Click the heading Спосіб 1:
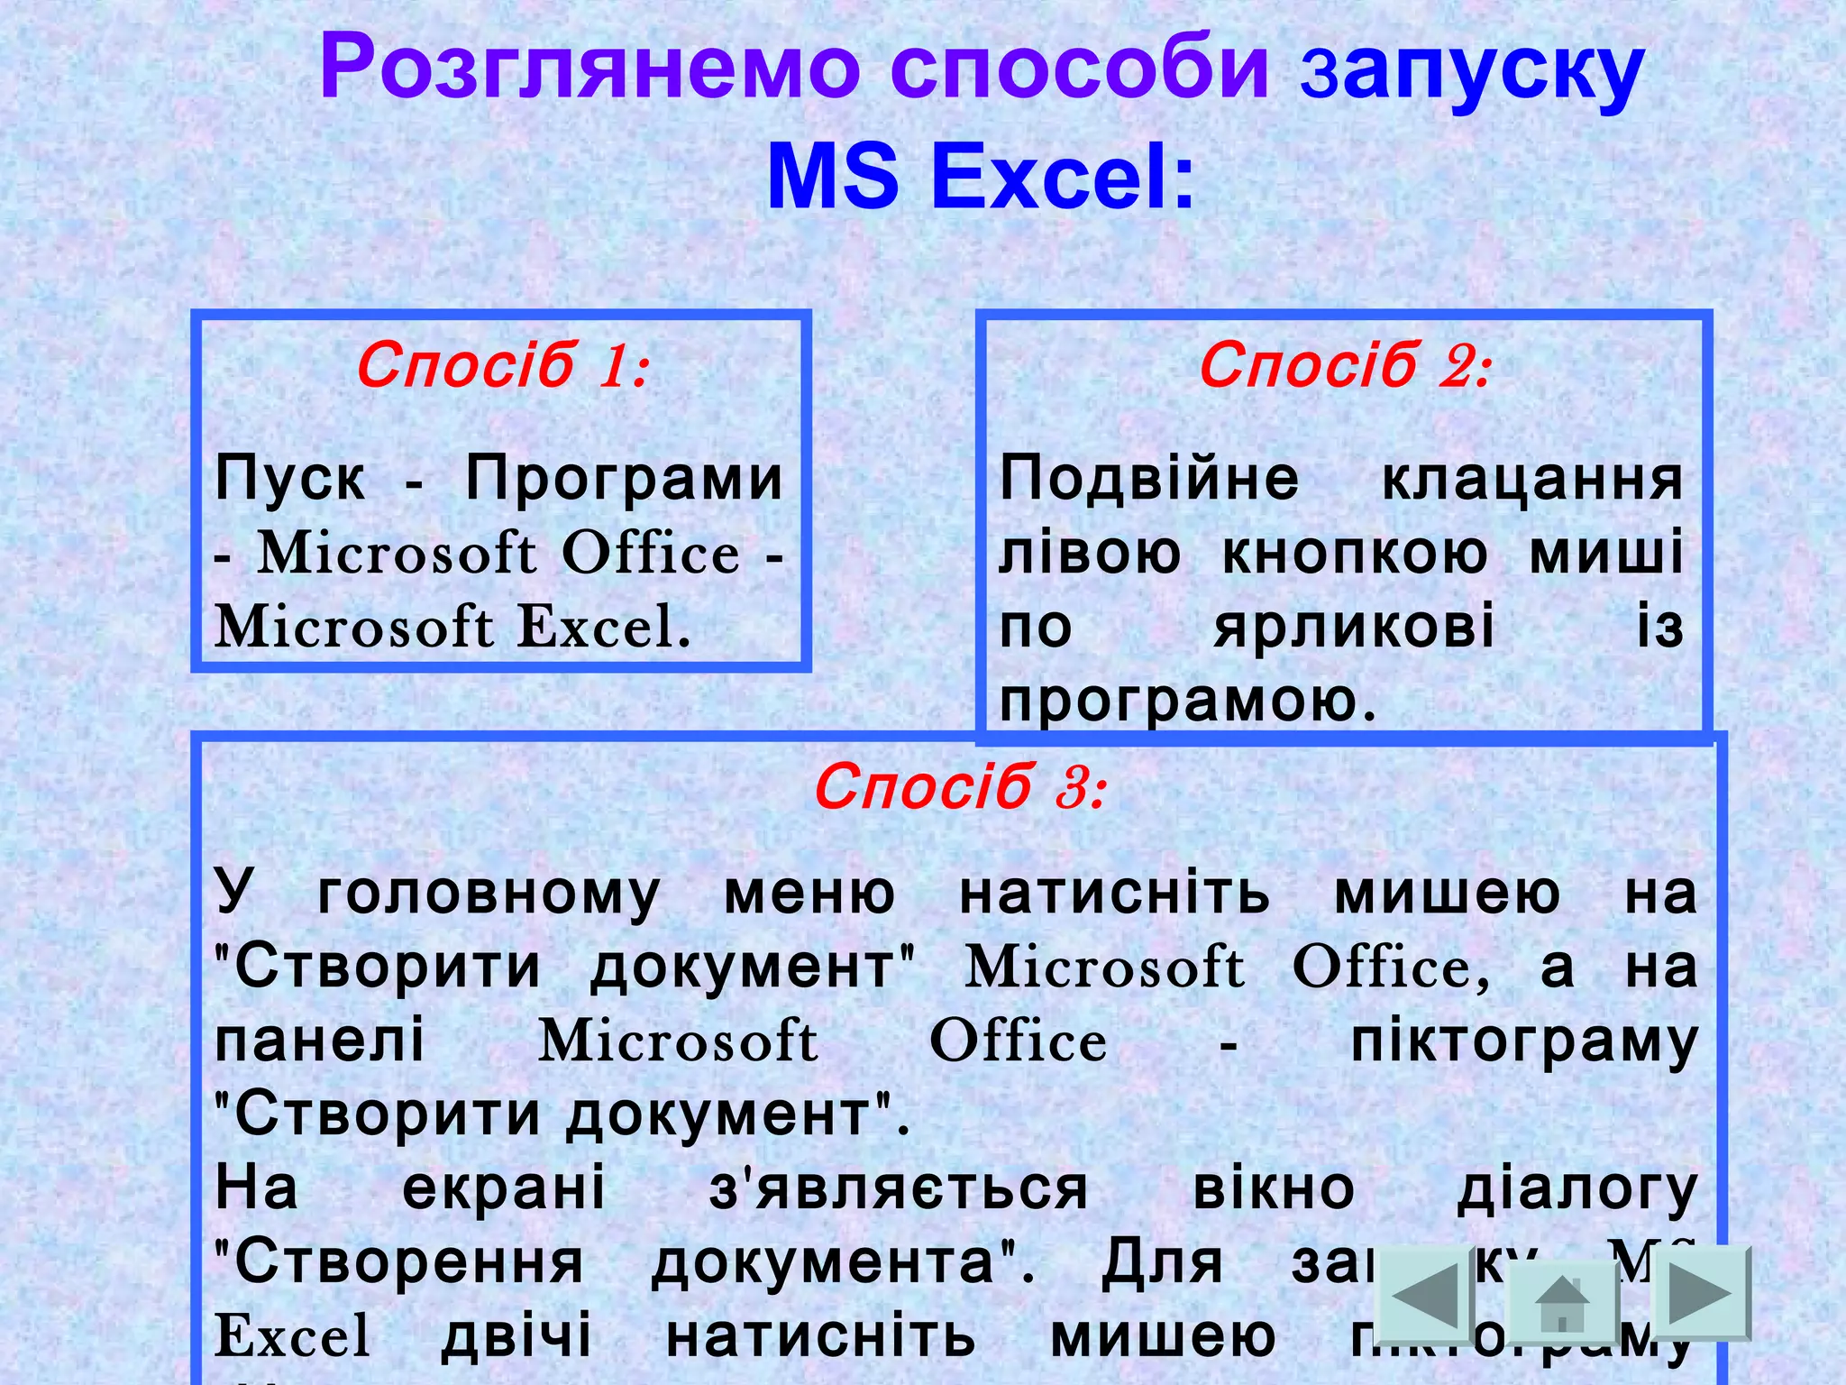502,366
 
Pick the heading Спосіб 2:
1345,366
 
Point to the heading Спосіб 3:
959,787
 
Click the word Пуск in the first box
290,478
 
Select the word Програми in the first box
625,478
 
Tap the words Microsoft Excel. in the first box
452,627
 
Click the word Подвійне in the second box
1149,478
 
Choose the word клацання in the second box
1532,478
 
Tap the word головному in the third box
489,894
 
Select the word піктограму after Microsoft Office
1523,1041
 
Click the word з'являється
899,1189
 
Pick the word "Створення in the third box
399,1262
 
